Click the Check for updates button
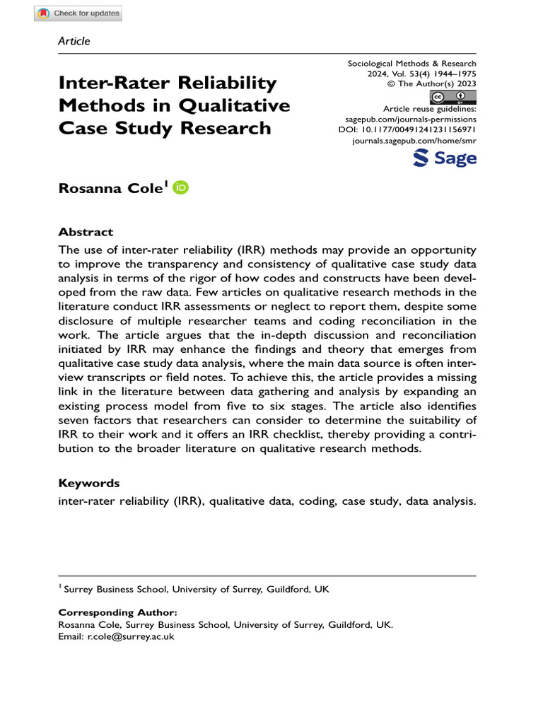[78, 13]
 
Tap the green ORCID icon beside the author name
[181, 187]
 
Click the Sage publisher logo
[444, 158]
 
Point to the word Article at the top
[74, 41]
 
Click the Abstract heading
[86, 232]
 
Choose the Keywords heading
[89, 484]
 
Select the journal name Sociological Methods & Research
[411, 63]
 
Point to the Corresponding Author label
[117, 612]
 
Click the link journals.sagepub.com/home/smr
[414, 141]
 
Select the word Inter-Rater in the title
[117, 83]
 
